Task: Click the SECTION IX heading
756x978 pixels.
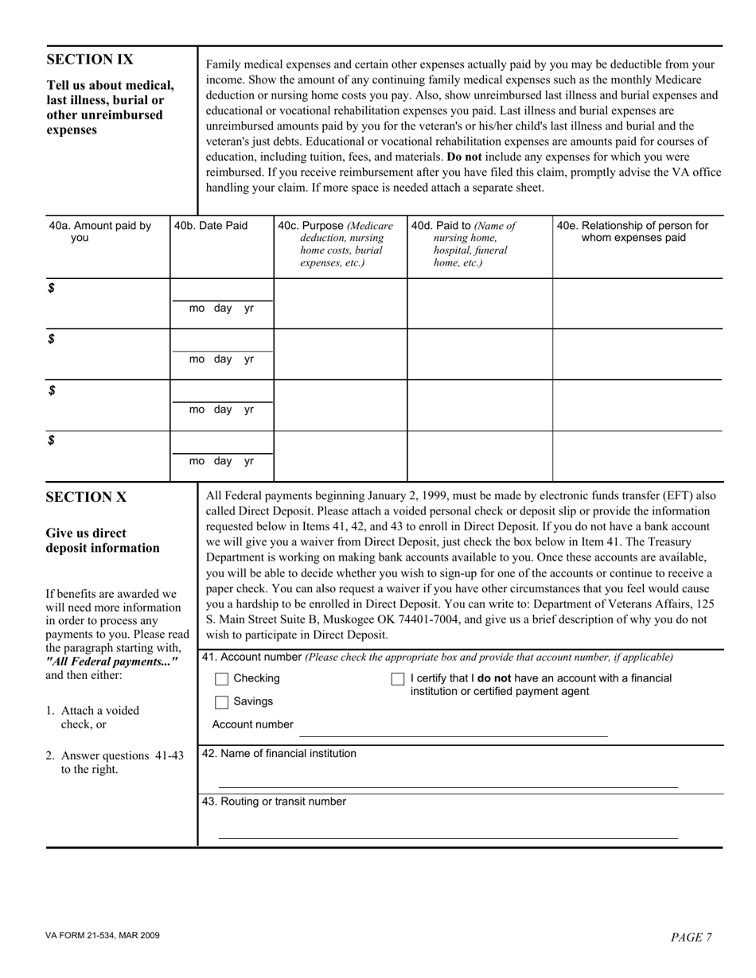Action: pos(90,60)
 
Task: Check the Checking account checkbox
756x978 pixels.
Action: pos(222,679)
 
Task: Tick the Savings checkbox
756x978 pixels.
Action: pos(222,702)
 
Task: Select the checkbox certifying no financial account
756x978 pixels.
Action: pos(398,679)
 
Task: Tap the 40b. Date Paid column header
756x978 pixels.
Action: pos(211,226)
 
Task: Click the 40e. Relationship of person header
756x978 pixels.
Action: pos(633,231)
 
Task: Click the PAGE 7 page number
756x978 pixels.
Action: pos(691,937)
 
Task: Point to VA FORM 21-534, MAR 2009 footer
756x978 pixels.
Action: pos(103,936)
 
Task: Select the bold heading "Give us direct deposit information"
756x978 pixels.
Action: pos(102,541)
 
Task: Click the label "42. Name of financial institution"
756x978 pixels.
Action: pos(279,754)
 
